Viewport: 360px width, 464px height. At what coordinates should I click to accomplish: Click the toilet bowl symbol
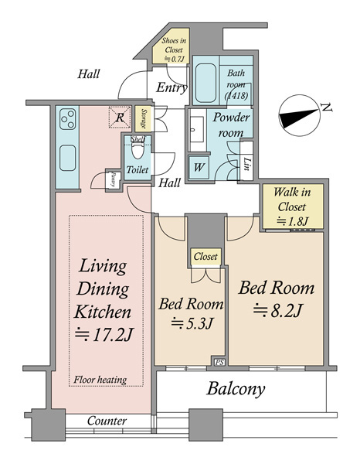[138, 150]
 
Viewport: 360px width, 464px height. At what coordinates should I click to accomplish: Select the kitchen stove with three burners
[68, 119]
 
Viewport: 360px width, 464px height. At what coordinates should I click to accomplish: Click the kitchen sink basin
[68, 158]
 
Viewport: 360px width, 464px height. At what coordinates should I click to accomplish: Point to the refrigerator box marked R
[120, 118]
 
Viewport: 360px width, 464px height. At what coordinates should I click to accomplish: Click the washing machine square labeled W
[199, 168]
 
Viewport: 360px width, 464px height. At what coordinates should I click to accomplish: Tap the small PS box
[219, 362]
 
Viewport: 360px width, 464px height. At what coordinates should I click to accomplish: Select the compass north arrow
[299, 116]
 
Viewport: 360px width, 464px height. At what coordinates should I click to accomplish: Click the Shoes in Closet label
[174, 49]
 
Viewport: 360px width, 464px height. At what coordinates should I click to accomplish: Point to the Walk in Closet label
[292, 206]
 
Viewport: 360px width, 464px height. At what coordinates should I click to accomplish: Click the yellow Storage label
[144, 119]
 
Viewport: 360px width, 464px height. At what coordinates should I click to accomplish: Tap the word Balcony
[236, 389]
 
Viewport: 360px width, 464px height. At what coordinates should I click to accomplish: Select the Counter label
[107, 421]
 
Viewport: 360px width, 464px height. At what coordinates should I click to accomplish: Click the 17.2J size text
[104, 336]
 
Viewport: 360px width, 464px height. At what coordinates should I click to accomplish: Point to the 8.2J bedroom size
[277, 311]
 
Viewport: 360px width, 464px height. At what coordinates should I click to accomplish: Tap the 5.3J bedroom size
[192, 323]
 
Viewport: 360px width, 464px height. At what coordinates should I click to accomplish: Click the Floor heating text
[100, 380]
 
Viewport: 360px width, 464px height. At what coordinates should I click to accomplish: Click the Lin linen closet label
[246, 164]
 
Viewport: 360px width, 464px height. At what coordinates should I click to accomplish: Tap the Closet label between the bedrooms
[205, 256]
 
